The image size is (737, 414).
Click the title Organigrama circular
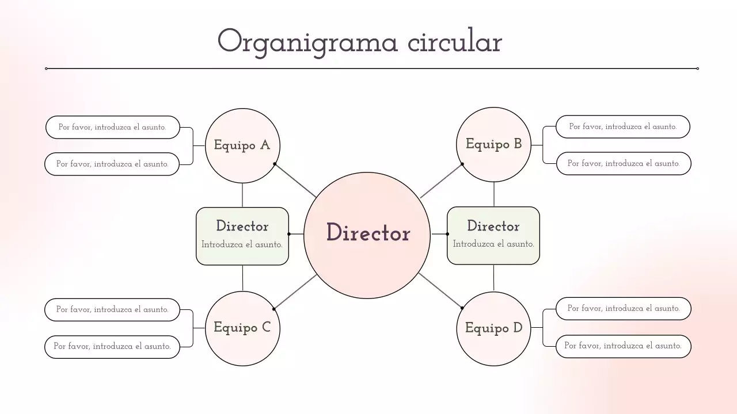[x=359, y=41]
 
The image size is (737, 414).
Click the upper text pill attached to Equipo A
[x=112, y=127]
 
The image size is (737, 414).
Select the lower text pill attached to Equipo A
[x=112, y=164]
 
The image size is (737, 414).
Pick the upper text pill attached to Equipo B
[x=622, y=126]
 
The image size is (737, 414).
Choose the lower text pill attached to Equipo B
[x=623, y=163]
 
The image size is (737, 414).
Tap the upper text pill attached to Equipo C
[x=112, y=309]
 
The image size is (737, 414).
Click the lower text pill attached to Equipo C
[x=112, y=346]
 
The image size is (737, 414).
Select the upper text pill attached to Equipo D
[x=623, y=308]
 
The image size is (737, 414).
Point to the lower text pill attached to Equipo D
[x=623, y=346]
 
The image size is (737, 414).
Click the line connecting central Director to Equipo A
[x=295, y=181]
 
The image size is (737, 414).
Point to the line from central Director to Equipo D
[x=440, y=291]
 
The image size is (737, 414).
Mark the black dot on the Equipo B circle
[x=462, y=164]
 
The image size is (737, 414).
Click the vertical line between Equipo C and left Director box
[x=242, y=278]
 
